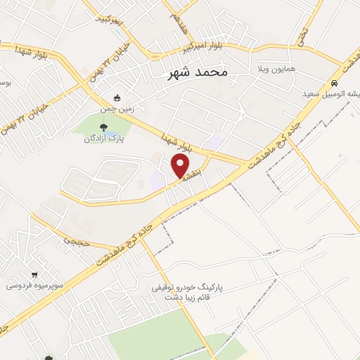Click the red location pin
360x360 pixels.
coord(181,165)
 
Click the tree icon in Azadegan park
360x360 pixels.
coord(104,127)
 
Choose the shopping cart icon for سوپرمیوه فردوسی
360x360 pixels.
coord(34,274)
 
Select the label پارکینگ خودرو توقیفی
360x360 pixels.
coord(185,288)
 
